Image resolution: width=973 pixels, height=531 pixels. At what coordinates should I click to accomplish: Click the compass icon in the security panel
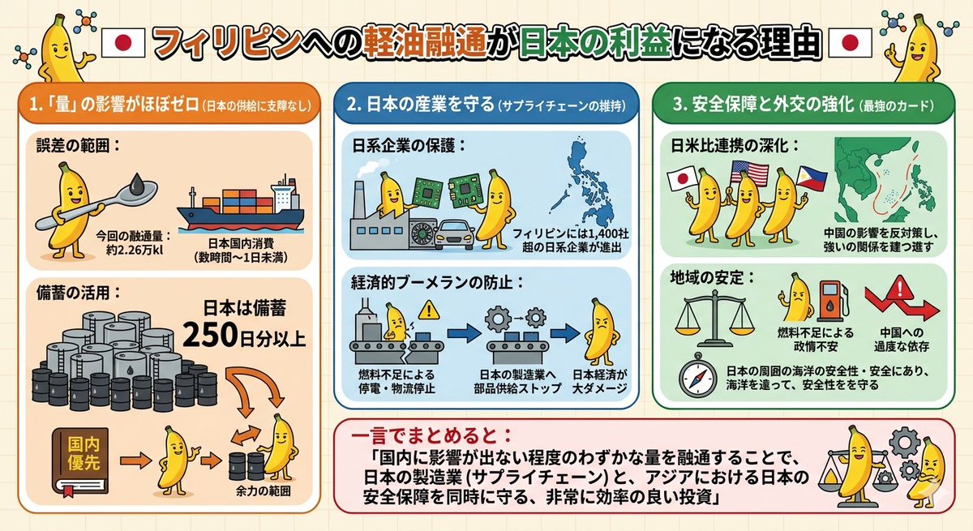697,377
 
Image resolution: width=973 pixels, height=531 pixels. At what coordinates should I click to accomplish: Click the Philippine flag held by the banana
811,176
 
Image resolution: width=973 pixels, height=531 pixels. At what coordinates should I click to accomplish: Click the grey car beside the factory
456,236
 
